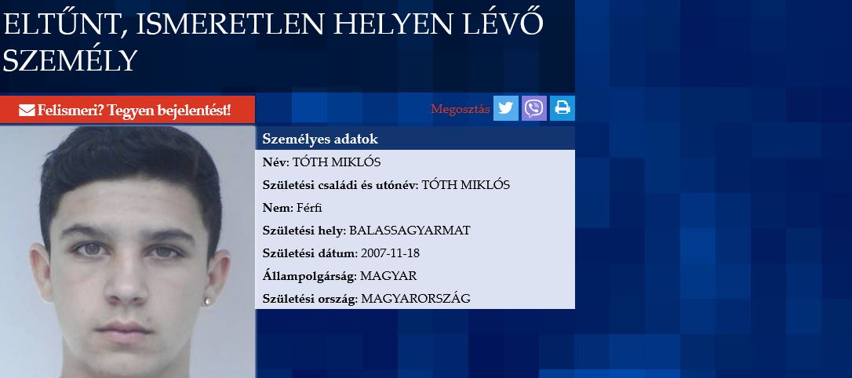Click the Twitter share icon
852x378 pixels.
505,108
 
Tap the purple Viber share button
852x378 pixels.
534,108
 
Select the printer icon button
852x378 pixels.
563,108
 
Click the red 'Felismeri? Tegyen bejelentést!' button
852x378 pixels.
127,110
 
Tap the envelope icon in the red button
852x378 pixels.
27,111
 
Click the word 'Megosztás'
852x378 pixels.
461,109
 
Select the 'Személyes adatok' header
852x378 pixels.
320,139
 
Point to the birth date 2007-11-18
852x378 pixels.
390,253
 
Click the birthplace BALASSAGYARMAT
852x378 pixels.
410,231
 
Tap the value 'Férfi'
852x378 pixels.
310,208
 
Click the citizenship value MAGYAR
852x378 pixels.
388,276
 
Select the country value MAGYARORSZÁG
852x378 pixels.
416,299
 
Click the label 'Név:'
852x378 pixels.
276,162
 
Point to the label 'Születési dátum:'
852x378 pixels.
310,253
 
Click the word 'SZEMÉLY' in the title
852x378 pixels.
70,60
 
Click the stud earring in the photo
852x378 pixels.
206,301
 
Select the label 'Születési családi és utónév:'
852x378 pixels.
340,184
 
